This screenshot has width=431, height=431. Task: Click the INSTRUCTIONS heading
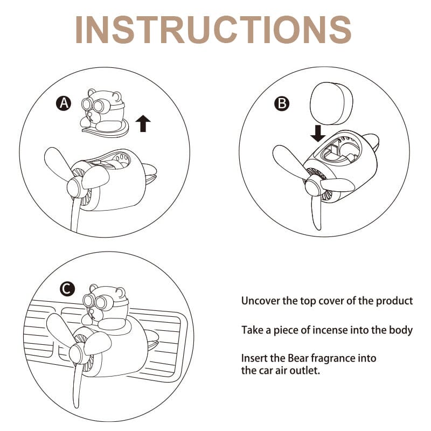pyautogui.click(x=213, y=30)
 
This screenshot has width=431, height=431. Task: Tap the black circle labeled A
pyautogui.click(x=64, y=103)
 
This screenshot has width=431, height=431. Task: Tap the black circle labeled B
pyautogui.click(x=282, y=103)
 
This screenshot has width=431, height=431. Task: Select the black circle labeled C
pyautogui.click(x=67, y=289)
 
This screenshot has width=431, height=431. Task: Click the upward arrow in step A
pyautogui.click(x=143, y=123)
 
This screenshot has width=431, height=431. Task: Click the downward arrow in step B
pyautogui.click(x=318, y=133)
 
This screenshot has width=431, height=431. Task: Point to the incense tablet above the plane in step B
pyautogui.click(x=331, y=103)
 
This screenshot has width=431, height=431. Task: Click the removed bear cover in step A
pyautogui.click(x=105, y=113)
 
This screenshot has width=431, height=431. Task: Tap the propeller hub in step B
pyautogui.click(x=313, y=185)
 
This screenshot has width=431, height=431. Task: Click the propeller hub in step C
pyautogui.click(x=77, y=353)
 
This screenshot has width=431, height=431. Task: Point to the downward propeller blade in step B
pyautogui.click(x=316, y=212)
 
